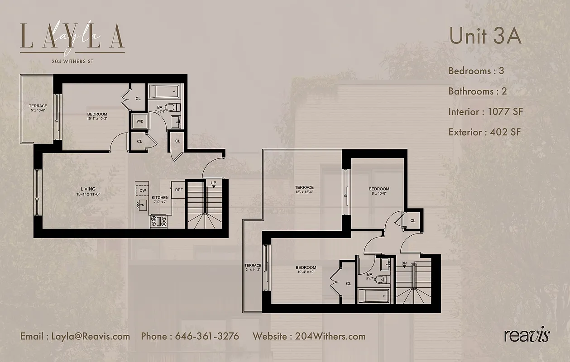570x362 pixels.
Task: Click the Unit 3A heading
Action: pos(485,36)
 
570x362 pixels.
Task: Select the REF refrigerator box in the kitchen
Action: pos(179,190)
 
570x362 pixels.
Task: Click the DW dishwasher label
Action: pos(142,191)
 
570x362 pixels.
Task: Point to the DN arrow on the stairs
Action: pos(404,264)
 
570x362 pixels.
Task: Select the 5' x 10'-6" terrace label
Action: pos(38,108)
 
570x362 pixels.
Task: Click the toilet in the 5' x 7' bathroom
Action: pos(383,279)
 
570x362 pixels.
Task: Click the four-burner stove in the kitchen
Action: pos(158,221)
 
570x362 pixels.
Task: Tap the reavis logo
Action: pos(527,335)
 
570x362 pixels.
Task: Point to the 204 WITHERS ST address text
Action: pos(72,61)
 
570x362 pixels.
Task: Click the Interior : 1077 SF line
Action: pos(485,111)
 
